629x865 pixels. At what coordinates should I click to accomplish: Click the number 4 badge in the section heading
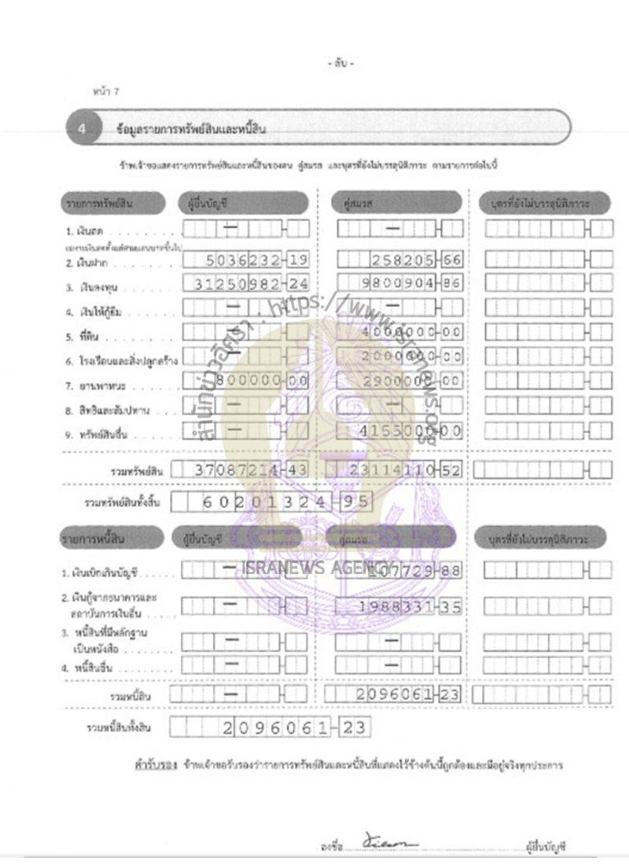click(x=83, y=130)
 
